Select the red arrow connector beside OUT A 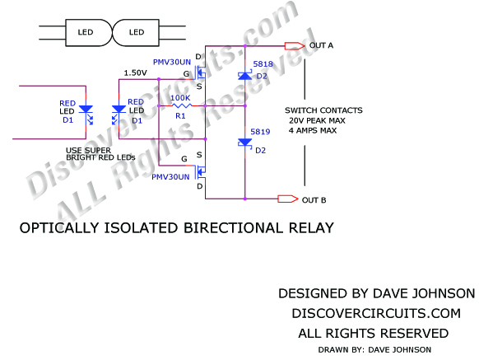click(292, 45)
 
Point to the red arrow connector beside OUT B click(288, 199)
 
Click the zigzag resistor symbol click(179, 105)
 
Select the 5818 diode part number click(262, 63)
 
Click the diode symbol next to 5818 click(244, 76)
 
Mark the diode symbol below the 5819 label click(244, 143)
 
